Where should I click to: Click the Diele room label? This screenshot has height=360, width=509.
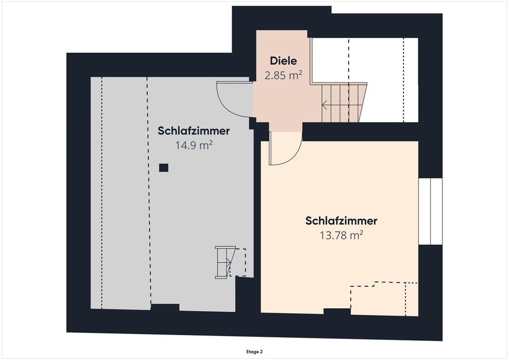283,61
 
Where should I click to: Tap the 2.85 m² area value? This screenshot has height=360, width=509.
283,75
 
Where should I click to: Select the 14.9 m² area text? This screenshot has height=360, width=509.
194,145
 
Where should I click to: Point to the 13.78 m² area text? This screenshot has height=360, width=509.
341,235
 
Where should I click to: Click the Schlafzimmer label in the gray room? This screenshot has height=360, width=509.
194,131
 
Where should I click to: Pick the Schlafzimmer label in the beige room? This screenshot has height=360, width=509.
341,221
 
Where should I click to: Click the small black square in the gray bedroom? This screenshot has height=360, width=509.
164,168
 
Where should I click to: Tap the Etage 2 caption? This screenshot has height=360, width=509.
254,351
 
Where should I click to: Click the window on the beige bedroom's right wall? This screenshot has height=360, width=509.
430,212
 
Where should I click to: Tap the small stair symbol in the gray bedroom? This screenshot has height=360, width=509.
223,262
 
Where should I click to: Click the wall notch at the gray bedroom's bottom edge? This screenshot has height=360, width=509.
165,307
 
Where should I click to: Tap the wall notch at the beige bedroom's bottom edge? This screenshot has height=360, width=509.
337,312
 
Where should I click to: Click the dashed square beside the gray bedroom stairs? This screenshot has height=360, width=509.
239,262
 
